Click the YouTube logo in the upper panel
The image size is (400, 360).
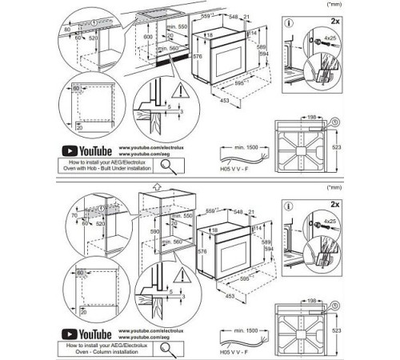pyautogui.click(x=85, y=150)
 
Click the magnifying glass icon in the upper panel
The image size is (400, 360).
pyautogui.click(x=170, y=165)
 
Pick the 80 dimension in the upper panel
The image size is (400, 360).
pyautogui.click(x=66, y=30)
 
